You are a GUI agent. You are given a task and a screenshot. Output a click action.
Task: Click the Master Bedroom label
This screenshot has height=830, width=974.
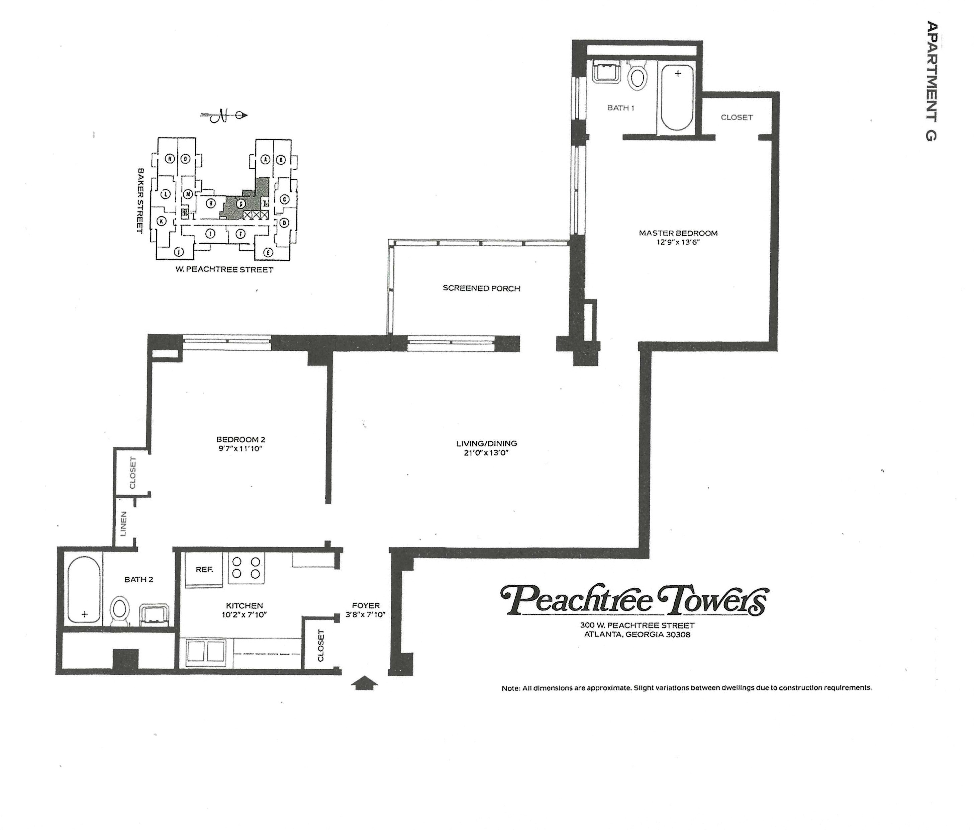pos(678,233)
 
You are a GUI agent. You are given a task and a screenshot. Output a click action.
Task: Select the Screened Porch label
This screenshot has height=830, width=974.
pos(481,288)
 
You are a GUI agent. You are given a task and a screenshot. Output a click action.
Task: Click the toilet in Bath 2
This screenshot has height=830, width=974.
pos(119,611)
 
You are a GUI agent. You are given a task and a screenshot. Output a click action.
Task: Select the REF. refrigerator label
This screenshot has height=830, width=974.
pos(204,569)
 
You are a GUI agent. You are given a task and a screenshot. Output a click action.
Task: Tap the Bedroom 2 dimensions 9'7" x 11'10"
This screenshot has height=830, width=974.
pos(241,448)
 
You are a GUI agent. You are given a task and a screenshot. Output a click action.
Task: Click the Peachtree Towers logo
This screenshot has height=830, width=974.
pos(635,601)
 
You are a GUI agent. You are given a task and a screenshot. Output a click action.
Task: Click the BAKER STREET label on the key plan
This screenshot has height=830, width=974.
pos(139,200)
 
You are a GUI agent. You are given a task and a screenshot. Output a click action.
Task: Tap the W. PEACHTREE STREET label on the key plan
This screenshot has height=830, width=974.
pos(224,269)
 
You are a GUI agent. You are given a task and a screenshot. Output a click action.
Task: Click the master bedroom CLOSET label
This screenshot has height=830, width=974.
pos(737,117)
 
